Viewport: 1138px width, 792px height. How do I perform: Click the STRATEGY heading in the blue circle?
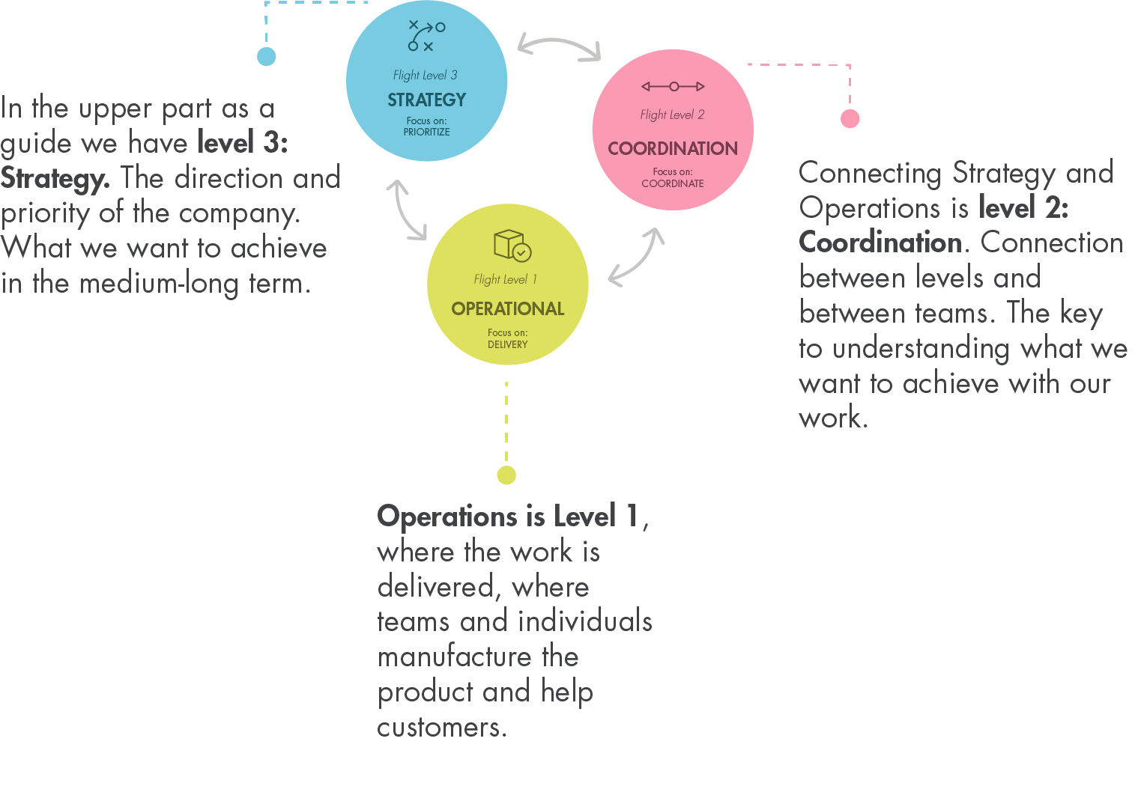pyautogui.click(x=426, y=100)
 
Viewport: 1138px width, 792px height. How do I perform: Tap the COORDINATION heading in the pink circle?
pyautogui.click(x=672, y=148)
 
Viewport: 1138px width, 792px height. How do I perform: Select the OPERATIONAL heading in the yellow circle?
pyautogui.click(x=507, y=308)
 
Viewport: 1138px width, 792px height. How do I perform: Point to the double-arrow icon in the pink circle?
pyautogui.click(x=672, y=87)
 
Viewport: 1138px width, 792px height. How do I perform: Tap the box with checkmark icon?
pyautogui.click(x=512, y=245)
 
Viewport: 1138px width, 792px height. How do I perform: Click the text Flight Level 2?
pyautogui.click(x=672, y=115)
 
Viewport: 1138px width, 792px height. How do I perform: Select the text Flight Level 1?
pyautogui.click(x=505, y=279)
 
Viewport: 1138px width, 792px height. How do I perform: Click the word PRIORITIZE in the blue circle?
pyautogui.click(x=426, y=132)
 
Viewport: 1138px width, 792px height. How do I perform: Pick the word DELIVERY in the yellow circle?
pyautogui.click(x=507, y=344)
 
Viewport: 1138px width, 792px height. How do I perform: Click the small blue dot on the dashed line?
pyautogui.click(x=266, y=56)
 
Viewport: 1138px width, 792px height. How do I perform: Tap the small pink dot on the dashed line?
pyautogui.click(x=850, y=118)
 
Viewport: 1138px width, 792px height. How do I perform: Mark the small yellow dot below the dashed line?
pyautogui.click(x=506, y=475)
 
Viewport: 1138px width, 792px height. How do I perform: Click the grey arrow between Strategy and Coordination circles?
pyautogui.click(x=559, y=44)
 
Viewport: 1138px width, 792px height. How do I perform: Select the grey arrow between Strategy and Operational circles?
pyautogui.click(x=405, y=210)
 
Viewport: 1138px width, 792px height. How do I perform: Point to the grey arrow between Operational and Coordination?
pyautogui.click(x=637, y=257)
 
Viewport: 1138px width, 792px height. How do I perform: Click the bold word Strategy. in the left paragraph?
pyautogui.click(x=55, y=178)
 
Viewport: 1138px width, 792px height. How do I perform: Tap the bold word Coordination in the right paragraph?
pyautogui.click(x=880, y=243)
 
